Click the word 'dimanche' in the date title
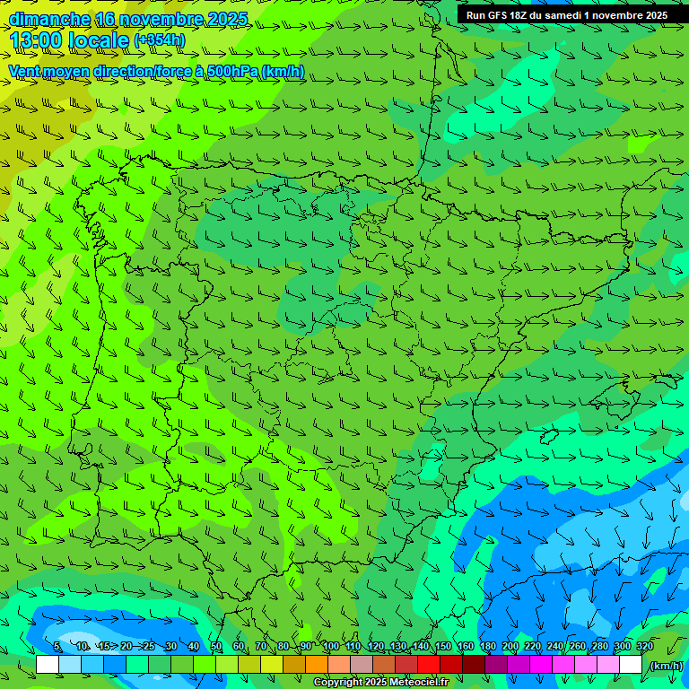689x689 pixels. (49, 19)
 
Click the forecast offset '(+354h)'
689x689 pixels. (159, 40)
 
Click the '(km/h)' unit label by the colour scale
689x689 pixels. (666, 665)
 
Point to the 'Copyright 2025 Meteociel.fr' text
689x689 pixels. (380, 683)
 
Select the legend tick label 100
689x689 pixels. (330, 647)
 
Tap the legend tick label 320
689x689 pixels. (644, 647)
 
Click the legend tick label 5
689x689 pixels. (57, 647)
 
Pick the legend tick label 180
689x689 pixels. (487, 647)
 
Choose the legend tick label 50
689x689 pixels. (216, 647)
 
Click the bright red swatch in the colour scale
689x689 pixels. (429, 665)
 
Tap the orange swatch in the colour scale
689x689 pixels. (317, 665)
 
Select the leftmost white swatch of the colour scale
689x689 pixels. (48, 665)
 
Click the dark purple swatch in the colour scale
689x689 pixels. (496, 665)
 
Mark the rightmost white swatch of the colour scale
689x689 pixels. (631, 665)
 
